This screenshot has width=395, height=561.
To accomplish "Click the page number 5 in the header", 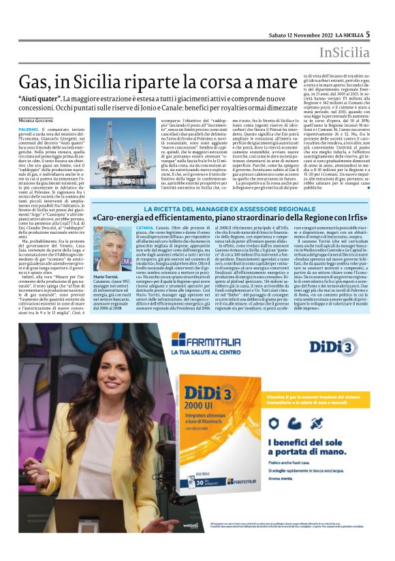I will coord(367,33).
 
